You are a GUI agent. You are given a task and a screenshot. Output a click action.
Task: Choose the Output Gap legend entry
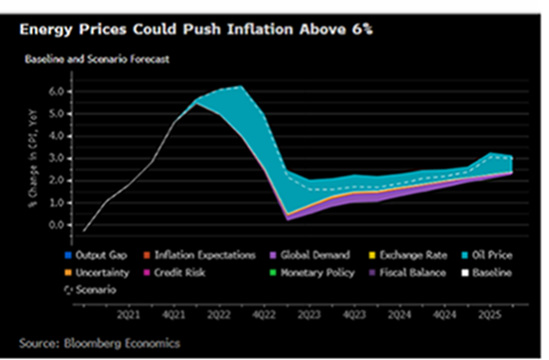click(x=101, y=255)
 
